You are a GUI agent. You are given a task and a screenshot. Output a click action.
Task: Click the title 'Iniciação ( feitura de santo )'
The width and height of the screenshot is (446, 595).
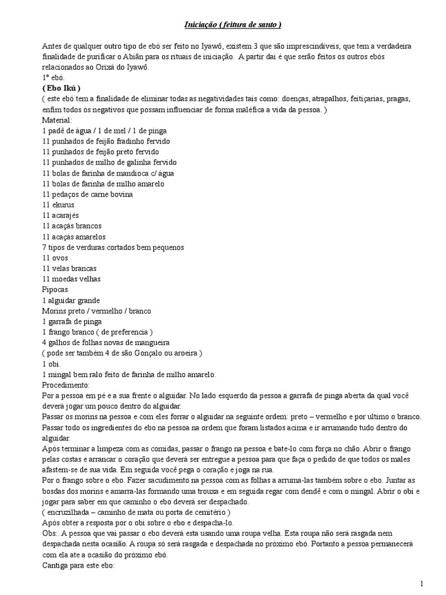[x=233, y=24]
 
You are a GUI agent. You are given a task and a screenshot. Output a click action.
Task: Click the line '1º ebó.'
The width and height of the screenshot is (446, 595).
[x=55, y=77]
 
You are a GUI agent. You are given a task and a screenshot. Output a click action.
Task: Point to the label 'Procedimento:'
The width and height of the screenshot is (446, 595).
[x=66, y=385]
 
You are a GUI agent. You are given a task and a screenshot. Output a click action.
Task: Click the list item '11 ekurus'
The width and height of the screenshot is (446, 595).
[x=58, y=205]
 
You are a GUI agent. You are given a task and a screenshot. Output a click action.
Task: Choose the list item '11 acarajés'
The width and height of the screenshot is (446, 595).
[x=60, y=215]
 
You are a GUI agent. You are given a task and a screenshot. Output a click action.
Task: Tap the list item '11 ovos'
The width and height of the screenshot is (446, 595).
[x=56, y=257]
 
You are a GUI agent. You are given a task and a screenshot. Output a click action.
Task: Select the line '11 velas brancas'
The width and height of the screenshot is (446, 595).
[x=69, y=268]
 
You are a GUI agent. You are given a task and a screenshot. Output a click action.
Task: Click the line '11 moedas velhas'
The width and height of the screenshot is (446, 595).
[x=71, y=279]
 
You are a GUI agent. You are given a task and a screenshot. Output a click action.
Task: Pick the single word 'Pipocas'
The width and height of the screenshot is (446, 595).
[x=55, y=289]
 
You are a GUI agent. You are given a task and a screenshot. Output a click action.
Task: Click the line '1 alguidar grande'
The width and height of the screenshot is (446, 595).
[x=71, y=300]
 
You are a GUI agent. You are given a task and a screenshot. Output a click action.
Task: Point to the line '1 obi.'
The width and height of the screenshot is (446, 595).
[x=51, y=364]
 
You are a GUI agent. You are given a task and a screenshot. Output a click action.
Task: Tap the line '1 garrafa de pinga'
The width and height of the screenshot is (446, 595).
[x=72, y=321]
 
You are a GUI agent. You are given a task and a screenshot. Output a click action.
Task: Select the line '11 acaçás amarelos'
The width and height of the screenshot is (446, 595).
[x=74, y=236]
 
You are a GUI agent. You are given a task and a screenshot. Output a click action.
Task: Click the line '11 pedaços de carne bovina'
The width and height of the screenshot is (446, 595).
[x=87, y=194]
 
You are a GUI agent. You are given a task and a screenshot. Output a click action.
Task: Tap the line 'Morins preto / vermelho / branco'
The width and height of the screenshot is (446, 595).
[x=96, y=311]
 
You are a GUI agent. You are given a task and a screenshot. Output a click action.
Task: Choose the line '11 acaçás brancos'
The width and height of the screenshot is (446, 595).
[x=72, y=226]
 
